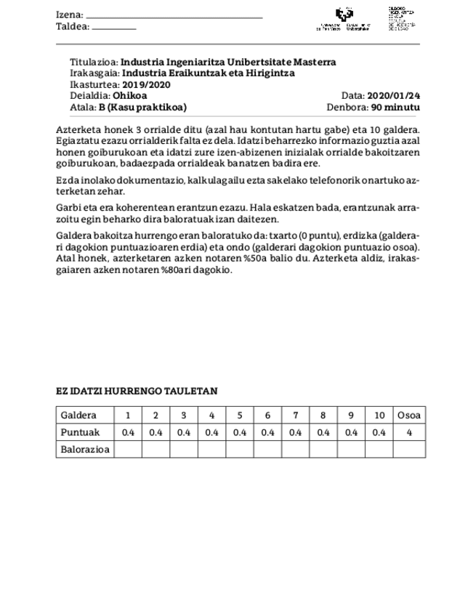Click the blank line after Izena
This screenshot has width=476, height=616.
[174, 17]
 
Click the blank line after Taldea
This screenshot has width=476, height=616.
[114, 28]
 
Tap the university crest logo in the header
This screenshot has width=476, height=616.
[344, 15]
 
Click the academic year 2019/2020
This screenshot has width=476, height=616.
[145, 85]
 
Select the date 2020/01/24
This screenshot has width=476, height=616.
[394, 96]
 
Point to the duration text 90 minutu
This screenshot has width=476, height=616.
[395, 108]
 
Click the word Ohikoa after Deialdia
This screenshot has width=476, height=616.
[130, 96]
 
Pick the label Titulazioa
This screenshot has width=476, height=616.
[94, 62]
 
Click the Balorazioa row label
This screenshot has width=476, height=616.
[85, 450]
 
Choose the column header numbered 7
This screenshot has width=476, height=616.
[295, 416]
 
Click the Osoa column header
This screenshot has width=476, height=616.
[409, 416]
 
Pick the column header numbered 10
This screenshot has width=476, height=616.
[379, 416]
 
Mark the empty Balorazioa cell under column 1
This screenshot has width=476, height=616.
[128, 450]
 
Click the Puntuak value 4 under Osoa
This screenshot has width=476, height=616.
[409, 432]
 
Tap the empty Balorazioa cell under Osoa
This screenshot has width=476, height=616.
[409, 450]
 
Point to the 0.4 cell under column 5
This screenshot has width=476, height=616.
[239, 432]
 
